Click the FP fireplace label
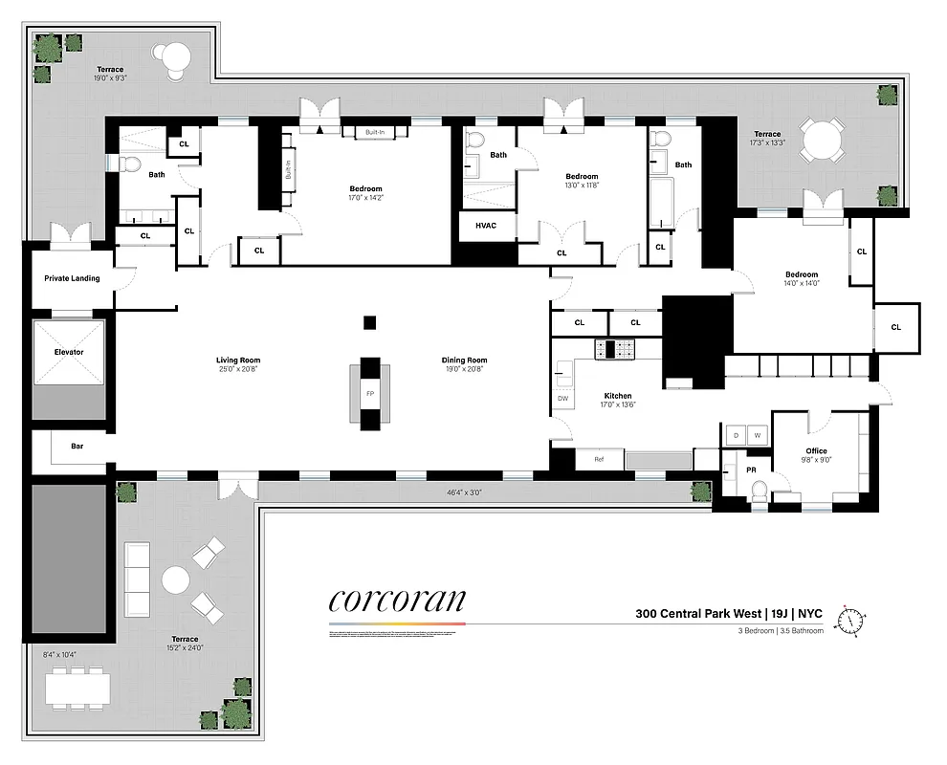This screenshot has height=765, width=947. tap(370, 393)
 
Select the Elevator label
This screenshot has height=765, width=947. tap(69, 352)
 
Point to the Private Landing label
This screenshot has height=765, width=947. tap(72, 279)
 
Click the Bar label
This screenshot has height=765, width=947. tap(77, 445)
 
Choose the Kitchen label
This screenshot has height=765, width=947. tap(617, 396)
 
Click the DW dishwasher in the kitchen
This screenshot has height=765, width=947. tap(562, 399)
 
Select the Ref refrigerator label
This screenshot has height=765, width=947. tap(599, 460)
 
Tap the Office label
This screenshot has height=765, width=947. tap(816, 451)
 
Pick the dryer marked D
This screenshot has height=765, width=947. tap(736, 436)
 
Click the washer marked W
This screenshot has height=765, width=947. tap(758, 436)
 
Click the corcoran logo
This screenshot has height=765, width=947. tap(397, 601)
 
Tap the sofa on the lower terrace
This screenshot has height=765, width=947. tap(138, 579)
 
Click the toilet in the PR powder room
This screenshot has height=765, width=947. tap(760, 492)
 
